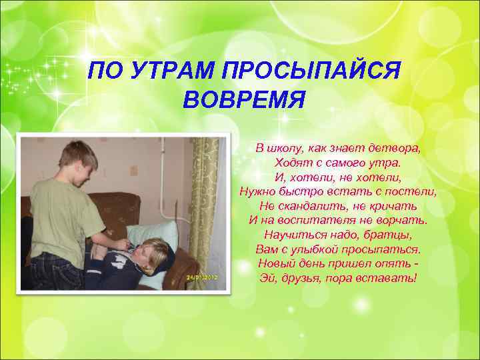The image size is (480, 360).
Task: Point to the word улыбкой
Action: coord(317,249)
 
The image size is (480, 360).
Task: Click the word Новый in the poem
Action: coord(275,263)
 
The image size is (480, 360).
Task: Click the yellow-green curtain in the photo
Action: coord(203,200)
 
